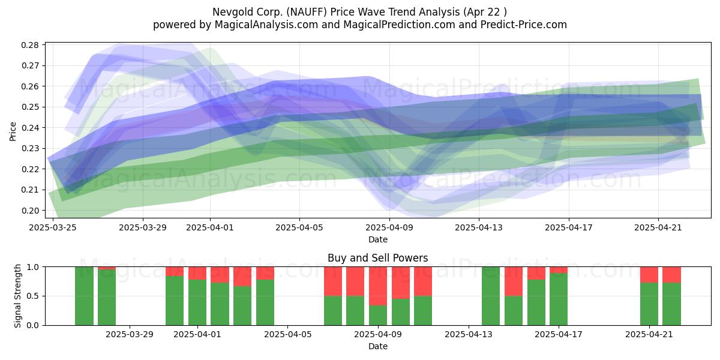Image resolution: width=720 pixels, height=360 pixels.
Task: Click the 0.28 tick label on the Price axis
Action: pyautogui.click(x=29, y=45)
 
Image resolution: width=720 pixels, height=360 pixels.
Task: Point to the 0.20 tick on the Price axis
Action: pyautogui.click(x=29, y=211)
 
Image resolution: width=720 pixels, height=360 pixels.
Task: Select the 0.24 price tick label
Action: pyautogui.click(x=29, y=128)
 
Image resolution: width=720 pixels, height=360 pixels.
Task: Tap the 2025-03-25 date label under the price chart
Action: pyautogui.click(x=53, y=227)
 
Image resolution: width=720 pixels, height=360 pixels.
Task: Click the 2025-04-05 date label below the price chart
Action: pyautogui.click(x=299, y=227)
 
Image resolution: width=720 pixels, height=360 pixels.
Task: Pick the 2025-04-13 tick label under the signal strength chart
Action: pyautogui.click(x=469, y=335)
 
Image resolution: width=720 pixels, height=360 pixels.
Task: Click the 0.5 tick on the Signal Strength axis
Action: pyautogui.click(x=33, y=296)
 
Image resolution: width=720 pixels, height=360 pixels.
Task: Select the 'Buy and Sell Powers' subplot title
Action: pyautogui.click(x=377, y=258)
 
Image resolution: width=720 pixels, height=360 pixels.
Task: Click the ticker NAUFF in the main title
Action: pyautogui.click(x=307, y=12)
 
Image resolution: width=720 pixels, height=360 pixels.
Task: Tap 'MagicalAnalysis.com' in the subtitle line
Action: pyautogui.click(x=266, y=25)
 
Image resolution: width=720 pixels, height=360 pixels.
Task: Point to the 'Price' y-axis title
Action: pyautogui.click(x=13, y=131)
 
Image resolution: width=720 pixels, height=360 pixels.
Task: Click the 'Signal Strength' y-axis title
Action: pyautogui.click(x=17, y=296)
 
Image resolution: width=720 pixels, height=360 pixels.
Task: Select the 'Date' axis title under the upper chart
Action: pyautogui.click(x=377, y=239)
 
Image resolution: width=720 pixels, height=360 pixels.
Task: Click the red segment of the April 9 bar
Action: pyautogui.click(x=378, y=286)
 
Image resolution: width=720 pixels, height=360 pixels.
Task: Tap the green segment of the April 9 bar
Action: pyautogui.click(x=378, y=316)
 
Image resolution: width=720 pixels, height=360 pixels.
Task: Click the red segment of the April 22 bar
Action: pyautogui.click(x=672, y=275)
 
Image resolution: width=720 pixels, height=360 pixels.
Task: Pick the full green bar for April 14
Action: pyautogui.click(x=491, y=296)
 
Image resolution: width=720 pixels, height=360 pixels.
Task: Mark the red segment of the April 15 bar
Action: pyautogui.click(x=514, y=281)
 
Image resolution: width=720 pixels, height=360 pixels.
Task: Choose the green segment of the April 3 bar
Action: pyautogui.click(x=242, y=305)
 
